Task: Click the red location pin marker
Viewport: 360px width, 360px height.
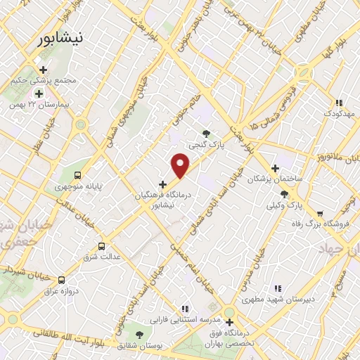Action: (181, 166)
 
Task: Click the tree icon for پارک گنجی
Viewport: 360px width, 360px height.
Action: (206, 133)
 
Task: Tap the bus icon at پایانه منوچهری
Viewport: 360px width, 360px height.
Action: (77, 175)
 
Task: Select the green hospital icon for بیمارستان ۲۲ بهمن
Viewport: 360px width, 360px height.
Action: (39, 93)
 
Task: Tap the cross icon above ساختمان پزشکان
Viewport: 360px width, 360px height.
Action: (275, 168)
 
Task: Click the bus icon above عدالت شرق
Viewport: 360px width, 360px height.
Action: (103, 246)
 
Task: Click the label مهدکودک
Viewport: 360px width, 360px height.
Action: (342, 112)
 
